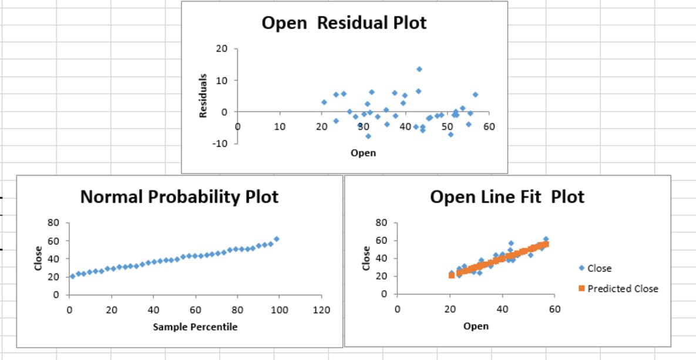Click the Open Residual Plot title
point(344,23)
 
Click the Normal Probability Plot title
point(179,196)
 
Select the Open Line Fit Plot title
point(507,196)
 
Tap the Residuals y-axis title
point(204,95)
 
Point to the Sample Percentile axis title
point(195,327)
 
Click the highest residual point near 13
point(419,69)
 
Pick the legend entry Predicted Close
point(623,288)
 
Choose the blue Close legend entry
point(599,268)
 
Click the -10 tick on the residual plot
point(223,143)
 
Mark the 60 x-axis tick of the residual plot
point(489,126)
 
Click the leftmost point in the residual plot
point(324,102)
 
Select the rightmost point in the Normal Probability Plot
point(276,239)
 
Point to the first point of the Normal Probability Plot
point(72,276)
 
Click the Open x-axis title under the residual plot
point(363,153)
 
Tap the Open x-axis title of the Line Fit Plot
point(475,326)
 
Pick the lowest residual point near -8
point(368,136)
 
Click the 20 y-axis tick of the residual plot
point(221,49)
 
